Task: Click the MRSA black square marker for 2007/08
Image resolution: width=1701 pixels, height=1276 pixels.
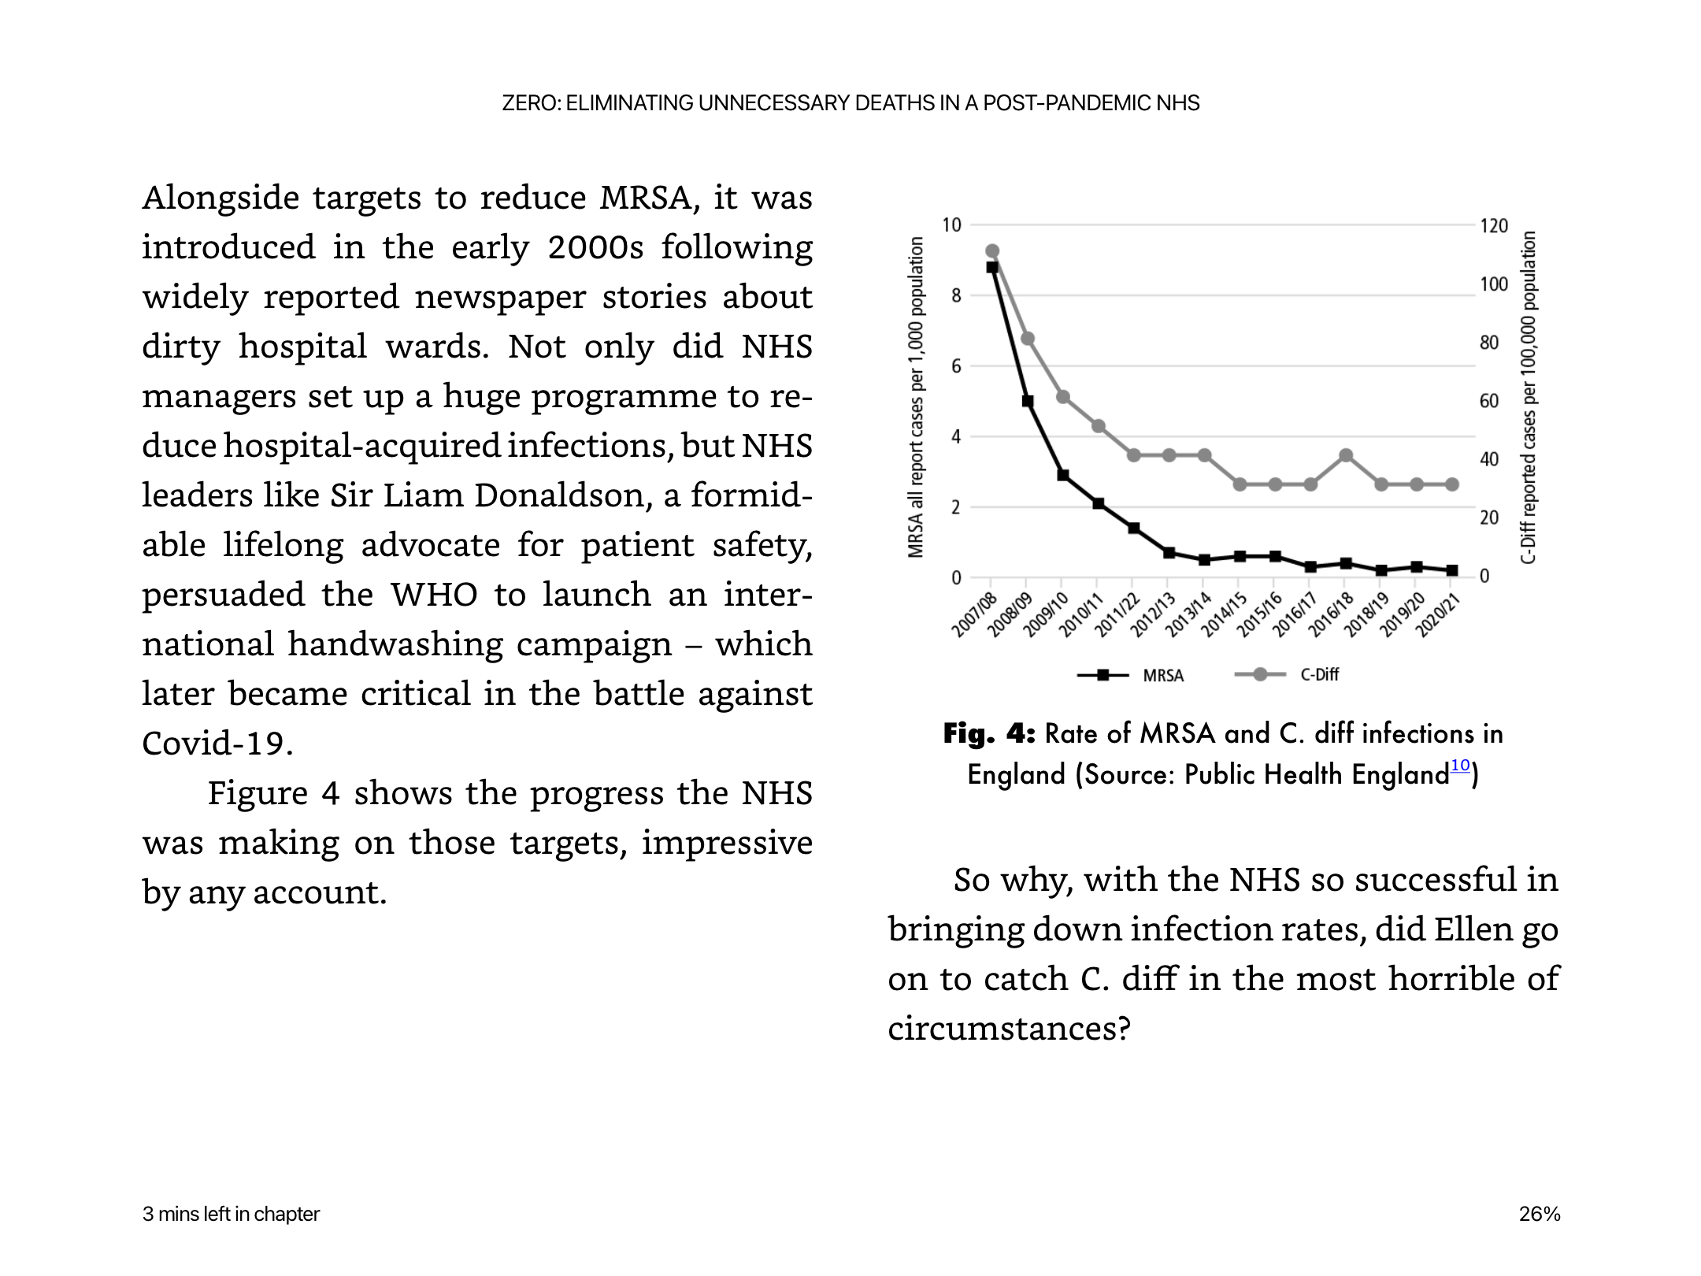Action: [992, 267]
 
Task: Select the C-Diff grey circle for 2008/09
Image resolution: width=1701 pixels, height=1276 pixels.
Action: [1028, 339]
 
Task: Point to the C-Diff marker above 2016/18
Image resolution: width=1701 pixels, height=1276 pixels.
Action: [1346, 455]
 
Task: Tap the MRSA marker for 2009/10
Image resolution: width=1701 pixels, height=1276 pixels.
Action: [1063, 475]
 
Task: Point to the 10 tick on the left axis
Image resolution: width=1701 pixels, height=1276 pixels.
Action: [952, 225]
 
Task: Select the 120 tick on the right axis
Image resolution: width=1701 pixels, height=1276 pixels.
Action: [1494, 226]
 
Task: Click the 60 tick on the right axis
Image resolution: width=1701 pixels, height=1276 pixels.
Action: [1489, 401]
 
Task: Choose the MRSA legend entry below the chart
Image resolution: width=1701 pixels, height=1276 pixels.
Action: [1130, 675]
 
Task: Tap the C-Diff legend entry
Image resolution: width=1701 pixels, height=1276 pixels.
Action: [1286, 674]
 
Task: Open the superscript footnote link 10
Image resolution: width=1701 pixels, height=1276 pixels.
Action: [1460, 765]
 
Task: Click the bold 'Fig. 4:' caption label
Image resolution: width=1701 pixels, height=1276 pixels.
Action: [989, 734]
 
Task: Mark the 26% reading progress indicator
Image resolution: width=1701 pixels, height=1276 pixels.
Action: [1540, 1214]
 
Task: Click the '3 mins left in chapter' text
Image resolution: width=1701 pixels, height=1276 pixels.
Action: [231, 1214]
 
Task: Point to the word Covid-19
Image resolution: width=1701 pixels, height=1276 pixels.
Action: [217, 744]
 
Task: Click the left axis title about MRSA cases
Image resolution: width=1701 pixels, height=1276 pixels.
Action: [915, 398]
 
